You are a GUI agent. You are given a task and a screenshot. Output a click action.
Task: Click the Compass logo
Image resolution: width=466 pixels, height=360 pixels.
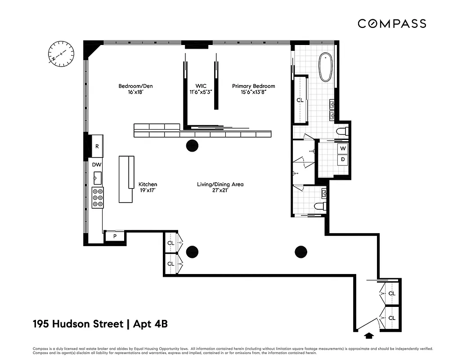tap(392, 23)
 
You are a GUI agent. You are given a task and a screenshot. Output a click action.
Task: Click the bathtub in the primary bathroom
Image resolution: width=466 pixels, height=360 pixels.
tap(325, 67)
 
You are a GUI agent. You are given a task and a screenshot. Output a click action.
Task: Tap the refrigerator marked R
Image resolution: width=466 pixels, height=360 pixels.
tap(96, 146)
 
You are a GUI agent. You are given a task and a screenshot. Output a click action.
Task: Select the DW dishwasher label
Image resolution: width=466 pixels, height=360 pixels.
tap(97, 165)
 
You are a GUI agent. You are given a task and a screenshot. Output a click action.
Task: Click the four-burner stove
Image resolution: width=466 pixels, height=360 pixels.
tap(97, 198)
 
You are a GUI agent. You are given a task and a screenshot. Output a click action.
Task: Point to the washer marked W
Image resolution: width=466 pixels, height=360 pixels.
tap(343, 148)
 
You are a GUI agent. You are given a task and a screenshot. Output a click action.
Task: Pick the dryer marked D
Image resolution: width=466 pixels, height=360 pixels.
tap(343, 159)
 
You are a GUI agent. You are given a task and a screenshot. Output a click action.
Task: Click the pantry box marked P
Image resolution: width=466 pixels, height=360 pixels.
tap(115, 236)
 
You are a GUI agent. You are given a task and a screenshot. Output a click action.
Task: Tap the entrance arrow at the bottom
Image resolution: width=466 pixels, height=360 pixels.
tap(369, 335)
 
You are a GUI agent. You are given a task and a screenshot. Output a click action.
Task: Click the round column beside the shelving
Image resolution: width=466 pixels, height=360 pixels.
tap(192, 145)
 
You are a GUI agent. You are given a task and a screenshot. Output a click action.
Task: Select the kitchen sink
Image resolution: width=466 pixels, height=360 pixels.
tap(97, 178)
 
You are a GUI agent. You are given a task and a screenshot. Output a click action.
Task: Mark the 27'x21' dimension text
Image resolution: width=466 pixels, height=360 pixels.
tap(220, 191)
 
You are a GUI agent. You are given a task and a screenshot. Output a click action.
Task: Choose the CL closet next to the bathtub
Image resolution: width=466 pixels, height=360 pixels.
tap(300, 100)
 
